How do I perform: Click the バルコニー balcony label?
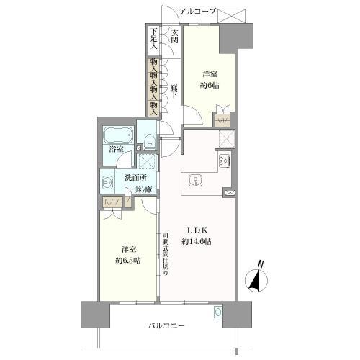pos(166,325)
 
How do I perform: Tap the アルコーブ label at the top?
pos(198,12)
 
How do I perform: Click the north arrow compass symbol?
pos(256,279)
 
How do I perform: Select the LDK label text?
pos(197,230)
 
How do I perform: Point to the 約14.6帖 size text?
pos(197,242)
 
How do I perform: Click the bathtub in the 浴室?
pos(118,135)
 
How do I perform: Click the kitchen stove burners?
pos(225,160)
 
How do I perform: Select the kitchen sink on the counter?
pos(196,181)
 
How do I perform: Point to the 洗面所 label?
pos(135,178)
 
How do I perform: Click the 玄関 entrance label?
pos(175,36)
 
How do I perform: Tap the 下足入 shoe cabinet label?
pos(154,39)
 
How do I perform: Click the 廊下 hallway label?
pos(174,91)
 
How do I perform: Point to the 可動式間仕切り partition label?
pos(166,253)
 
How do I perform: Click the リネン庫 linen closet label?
pos(143,189)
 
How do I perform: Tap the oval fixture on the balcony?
pos(218,312)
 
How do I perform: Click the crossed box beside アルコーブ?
pos(232,16)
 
